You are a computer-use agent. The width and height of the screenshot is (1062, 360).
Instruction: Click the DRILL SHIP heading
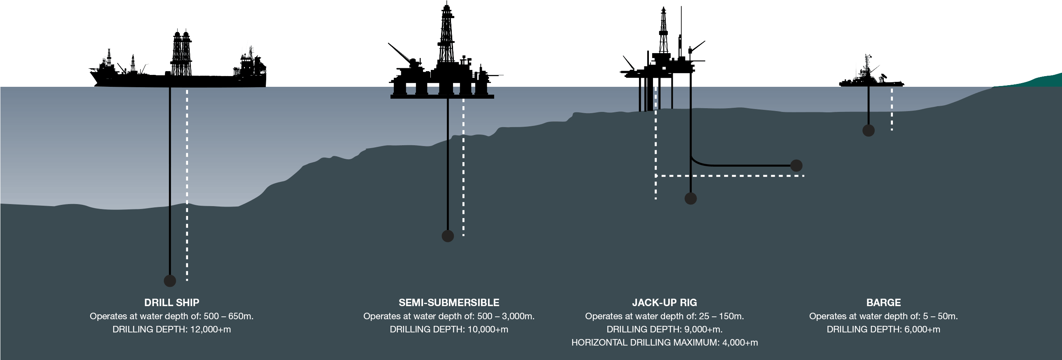pyautogui.click(x=172, y=302)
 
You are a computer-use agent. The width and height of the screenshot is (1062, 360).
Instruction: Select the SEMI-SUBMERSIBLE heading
pyautogui.click(x=449, y=302)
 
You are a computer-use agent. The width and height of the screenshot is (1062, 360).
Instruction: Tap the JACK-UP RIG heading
pyautogui.click(x=664, y=302)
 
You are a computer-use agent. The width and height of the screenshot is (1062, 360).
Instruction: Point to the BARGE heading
pyautogui.click(x=883, y=302)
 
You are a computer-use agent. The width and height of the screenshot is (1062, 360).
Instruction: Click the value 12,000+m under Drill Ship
pyautogui.click(x=210, y=329)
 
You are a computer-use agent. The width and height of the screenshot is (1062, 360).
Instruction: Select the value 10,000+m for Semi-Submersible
pyautogui.click(x=488, y=329)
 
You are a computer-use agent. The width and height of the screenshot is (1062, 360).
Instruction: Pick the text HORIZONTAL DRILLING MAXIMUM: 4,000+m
pyautogui.click(x=664, y=342)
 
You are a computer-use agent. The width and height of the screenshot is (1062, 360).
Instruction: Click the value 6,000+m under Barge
pyautogui.click(x=920, y=329)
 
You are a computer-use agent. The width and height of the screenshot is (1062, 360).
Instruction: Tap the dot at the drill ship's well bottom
pyautogui.click(x=170, y=281)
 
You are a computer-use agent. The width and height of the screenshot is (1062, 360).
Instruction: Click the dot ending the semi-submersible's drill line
pyautogui.click(x=448, y=236)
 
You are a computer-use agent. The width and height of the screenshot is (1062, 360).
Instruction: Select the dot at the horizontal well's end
pyautogui.click(x=796, y=165)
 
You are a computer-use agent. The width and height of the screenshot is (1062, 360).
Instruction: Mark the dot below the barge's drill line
pyautogui.click(x=868, y=130)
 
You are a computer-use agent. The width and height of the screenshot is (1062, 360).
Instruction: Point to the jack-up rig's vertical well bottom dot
pyautogui.click(x=690, y=198)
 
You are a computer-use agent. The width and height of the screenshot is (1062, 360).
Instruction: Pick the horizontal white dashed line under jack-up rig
pyautogui.click(x=730, y=176)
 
